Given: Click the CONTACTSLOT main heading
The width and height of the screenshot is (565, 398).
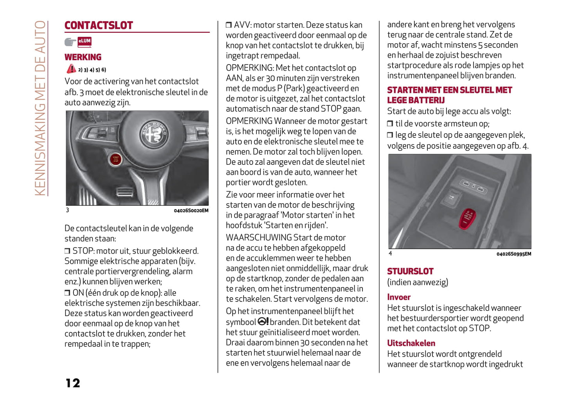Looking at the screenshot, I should point(99,25).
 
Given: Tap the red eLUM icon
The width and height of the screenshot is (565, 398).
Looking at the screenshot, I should point(84,41).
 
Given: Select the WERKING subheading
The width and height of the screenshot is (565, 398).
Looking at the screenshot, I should point(83,57).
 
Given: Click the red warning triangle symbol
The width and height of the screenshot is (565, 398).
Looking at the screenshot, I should point(71,69).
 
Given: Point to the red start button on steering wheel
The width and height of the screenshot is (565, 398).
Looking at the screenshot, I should point(115,159).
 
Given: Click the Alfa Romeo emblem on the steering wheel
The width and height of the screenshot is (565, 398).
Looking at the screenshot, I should point(154,134).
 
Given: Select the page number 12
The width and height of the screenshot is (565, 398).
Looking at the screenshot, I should point(73,383).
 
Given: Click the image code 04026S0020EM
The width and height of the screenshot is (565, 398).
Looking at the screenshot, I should point(191,211).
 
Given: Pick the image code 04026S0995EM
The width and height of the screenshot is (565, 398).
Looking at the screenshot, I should point(513,254).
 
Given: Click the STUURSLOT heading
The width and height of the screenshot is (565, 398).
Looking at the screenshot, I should point(410,271).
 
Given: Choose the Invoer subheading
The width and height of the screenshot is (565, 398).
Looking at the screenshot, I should point(398,297).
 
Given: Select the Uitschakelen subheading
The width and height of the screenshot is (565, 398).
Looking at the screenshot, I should point(411,343).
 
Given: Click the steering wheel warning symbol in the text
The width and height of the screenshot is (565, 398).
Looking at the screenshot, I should point(263,321).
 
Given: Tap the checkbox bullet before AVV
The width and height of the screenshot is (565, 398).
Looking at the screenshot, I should point(229,25).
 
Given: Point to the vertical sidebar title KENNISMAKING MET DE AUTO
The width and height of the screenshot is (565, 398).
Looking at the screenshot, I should point(40,108).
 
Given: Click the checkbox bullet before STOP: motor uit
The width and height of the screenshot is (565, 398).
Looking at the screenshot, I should point(67,251).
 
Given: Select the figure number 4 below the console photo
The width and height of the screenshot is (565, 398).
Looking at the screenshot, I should point(390,253).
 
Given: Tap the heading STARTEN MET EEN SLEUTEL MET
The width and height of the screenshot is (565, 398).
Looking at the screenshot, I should point(449,90).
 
